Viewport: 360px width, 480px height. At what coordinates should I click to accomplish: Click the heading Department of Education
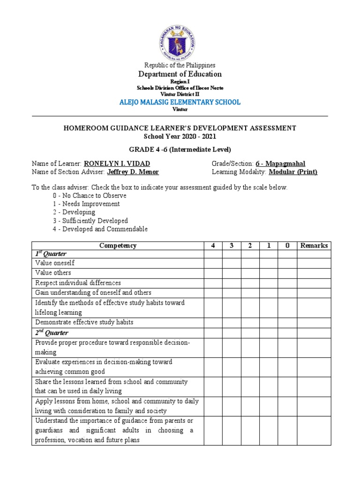(x=180, y=74)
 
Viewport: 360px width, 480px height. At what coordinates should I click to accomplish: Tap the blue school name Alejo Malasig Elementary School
(x=180, y=102)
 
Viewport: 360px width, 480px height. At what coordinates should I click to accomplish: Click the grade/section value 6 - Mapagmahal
(x=280, y=164)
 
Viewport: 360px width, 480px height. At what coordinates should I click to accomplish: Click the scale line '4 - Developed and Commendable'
(x=100, y=229)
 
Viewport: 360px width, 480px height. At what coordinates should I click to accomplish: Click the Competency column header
(x=118, y=246)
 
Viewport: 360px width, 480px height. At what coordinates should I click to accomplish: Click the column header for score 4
(x=213, y=246)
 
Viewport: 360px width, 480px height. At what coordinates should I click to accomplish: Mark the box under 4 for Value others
(x=213, y=273)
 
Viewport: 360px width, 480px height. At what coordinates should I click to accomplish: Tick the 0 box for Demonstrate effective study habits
(x=287, y=322)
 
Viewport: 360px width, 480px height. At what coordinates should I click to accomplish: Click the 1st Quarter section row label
(x=51, y=254)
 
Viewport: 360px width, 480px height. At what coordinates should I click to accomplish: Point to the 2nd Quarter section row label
(x=52, y=333)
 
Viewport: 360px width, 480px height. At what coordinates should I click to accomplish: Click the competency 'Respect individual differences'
(x=78, y=283)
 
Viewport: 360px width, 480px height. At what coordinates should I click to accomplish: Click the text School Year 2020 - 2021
(x=180, y=136)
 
